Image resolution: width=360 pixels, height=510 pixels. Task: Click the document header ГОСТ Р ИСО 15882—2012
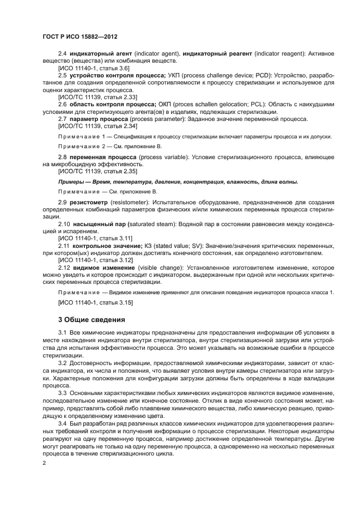pyautogui.click(x=80, y=37)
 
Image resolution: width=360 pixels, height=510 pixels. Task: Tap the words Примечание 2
pyautogui.click(x=82, y=147)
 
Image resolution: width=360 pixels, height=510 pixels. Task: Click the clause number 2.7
pyautogui.click(x=63, y=119)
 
